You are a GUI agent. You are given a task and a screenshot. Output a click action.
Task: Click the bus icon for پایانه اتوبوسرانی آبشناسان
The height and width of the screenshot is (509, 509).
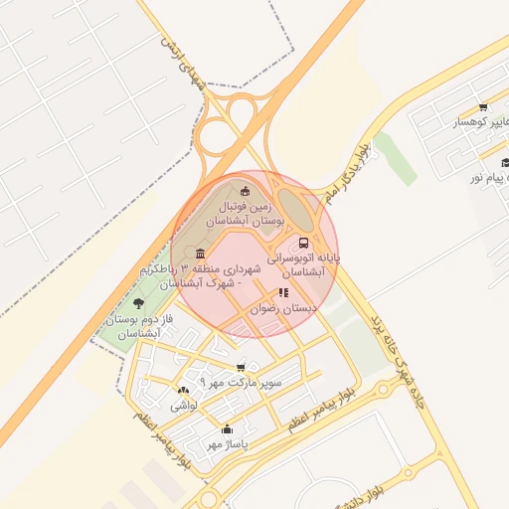[303, 242]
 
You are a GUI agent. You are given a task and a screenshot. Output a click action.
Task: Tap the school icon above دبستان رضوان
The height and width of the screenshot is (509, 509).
[283, 293]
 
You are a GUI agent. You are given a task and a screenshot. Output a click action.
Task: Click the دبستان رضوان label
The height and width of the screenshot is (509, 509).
[286, 309]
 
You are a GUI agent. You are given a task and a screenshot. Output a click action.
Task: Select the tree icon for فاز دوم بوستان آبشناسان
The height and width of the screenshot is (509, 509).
[137, 302]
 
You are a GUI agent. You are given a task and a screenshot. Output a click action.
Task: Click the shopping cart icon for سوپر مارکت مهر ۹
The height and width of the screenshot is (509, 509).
[241, 367]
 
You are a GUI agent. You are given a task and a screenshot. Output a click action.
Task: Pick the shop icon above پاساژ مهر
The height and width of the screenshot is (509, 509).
[226, 428]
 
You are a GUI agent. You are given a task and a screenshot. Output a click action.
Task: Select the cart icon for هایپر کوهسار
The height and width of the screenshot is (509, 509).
[482, 107]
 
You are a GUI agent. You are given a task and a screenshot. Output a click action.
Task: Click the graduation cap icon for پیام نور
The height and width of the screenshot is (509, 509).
[505, 163]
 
